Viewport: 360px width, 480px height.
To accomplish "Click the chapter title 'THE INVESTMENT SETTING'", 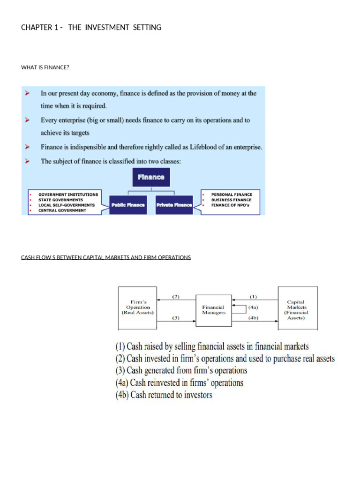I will (114, 28).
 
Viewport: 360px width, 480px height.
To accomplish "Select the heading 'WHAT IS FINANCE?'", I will (45, 67).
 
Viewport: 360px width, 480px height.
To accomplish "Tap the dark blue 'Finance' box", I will (151, 177).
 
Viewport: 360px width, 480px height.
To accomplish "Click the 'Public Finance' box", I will (127, 205).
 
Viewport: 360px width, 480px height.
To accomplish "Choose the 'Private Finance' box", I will (174, 205).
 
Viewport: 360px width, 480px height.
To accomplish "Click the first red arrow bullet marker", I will (28, 94).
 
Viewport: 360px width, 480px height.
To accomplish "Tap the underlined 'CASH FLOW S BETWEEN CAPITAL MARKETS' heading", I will (106, 257).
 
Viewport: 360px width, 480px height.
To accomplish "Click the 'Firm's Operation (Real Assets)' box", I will (137, 307).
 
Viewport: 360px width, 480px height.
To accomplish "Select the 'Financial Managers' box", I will (213, 310).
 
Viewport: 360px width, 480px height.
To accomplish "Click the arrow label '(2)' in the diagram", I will (176, 296).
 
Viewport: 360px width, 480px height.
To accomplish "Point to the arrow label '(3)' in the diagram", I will (176, 318).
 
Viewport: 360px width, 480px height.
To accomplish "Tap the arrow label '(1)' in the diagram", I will (253, 296).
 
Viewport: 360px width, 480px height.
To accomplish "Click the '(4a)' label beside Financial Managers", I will (253, 307).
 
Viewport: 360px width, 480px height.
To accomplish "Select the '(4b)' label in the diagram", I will (253, 318).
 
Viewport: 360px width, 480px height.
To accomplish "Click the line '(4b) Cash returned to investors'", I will (164, 395).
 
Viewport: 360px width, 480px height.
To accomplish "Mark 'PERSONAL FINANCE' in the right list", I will (232, 194).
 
